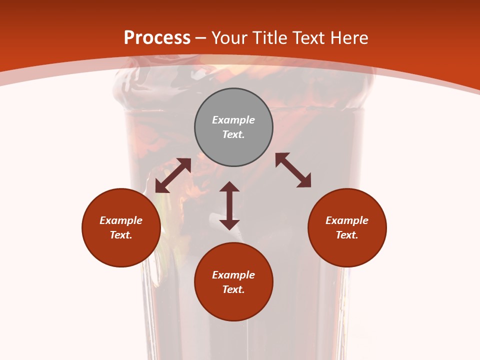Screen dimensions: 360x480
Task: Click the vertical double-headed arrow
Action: (x=229, y=205)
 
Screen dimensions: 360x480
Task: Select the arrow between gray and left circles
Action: (x=173, y=175)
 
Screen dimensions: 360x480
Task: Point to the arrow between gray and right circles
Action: (x=293, y=170)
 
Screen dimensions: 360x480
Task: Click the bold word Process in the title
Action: (x=157, y=38)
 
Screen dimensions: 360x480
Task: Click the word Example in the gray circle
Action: (x=233, y=120)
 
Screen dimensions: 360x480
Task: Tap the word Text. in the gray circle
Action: (x=233, y=134)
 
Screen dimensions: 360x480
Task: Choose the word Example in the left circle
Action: (x=121, y=220)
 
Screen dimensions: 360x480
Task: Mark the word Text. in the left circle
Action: (x=121, y=235)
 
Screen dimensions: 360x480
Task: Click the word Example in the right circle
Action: (x=347, y=220)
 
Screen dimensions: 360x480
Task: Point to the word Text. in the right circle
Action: (x=347, y=235)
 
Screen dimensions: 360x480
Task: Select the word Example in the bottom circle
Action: (x=233, y=275)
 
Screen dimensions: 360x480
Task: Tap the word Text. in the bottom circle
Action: (x=233, y=289)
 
